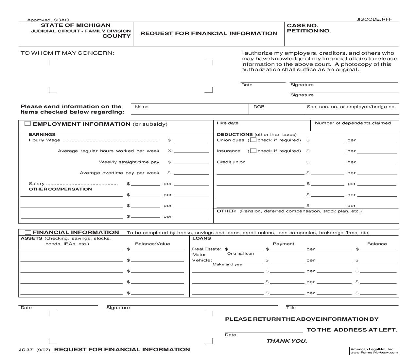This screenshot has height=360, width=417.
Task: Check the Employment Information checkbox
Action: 28,124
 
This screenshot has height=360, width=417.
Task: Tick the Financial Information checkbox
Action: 28,232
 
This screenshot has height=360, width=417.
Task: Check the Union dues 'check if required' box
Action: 253,140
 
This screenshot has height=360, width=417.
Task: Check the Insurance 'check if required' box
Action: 253,151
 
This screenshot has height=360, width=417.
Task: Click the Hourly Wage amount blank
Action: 191,140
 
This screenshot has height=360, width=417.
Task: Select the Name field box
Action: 190,109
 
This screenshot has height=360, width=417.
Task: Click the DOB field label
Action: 259,107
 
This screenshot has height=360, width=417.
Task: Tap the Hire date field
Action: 262,125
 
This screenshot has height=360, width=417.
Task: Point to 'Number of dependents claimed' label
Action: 353,123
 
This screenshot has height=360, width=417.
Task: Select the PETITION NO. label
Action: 309,31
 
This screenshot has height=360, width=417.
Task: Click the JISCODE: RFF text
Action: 374,19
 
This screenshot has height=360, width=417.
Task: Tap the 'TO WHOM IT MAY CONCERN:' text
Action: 67,53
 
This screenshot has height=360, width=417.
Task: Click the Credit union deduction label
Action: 231,162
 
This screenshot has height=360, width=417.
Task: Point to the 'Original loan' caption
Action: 240,254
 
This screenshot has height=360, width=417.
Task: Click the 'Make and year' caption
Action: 228,264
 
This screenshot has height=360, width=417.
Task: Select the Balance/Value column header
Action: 152,244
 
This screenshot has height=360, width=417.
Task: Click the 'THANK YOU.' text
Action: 287,341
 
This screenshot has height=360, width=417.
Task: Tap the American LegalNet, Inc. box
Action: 374,351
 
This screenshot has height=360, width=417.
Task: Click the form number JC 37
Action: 26,350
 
